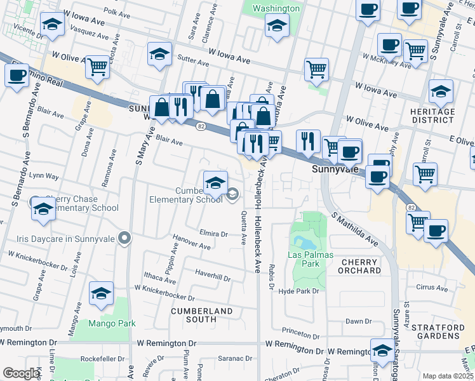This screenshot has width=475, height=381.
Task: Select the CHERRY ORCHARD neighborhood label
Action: [361, 266]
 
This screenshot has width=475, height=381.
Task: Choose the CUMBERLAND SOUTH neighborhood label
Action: [201, 315]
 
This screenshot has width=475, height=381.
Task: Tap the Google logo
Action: [22, 373]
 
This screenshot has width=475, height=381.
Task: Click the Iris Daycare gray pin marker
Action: [124, 239]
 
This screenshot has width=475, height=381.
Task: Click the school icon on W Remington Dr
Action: [382, 351]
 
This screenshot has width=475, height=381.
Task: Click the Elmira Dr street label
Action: [213, 234]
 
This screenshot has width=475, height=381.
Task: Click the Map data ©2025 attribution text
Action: [448, 376]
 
